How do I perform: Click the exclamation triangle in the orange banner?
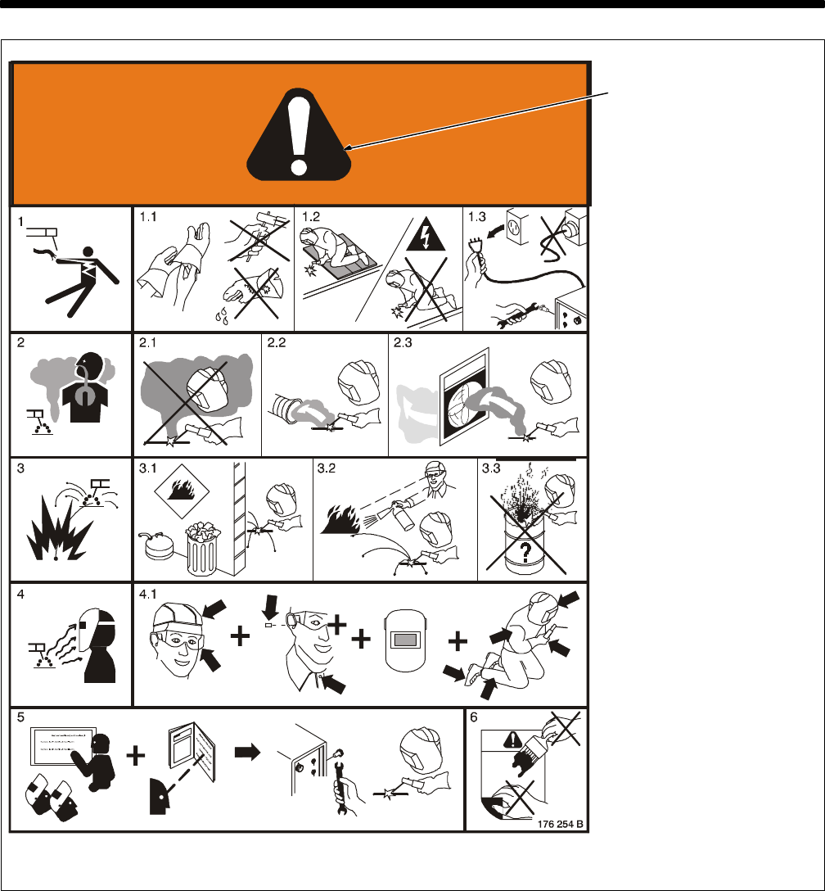[x=299, y=137]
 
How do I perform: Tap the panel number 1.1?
[x=148, y=217]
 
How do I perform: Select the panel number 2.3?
[x=403, y=342]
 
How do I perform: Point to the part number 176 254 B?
[x=560, y=824]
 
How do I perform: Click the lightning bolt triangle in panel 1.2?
[x=425, y=236]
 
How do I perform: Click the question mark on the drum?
[x=525, y=551]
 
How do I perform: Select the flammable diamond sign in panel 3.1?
[x=182, y=491]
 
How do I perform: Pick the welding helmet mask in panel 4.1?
[x=405, y=640]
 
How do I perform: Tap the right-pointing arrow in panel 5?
[x=247, y=753]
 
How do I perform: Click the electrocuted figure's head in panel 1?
[x=88, y=253]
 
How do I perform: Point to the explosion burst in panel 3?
[x=59, y=530]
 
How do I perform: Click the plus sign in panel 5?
[x=135, y=756]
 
